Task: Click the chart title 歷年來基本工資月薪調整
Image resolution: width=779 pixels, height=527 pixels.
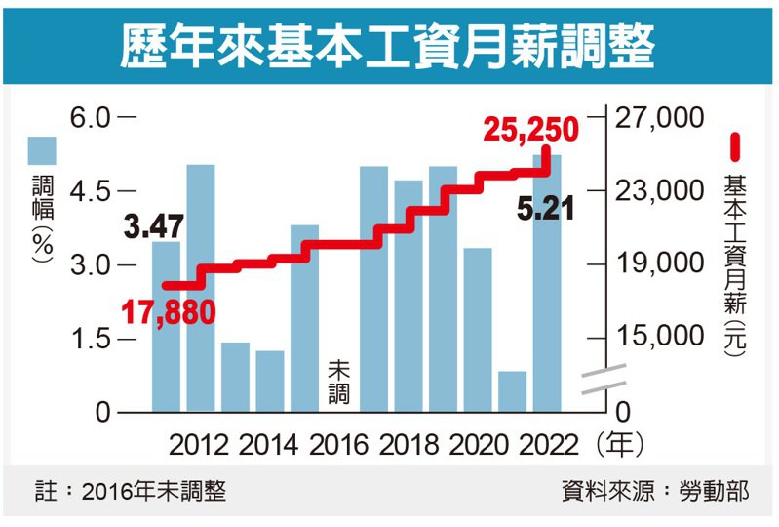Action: tap(388, 44)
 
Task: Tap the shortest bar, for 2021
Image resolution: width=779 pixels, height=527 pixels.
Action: tap(512, 391)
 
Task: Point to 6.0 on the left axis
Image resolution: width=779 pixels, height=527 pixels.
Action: tap(93, 117)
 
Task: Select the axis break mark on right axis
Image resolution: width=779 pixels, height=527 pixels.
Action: tap(604, 382)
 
